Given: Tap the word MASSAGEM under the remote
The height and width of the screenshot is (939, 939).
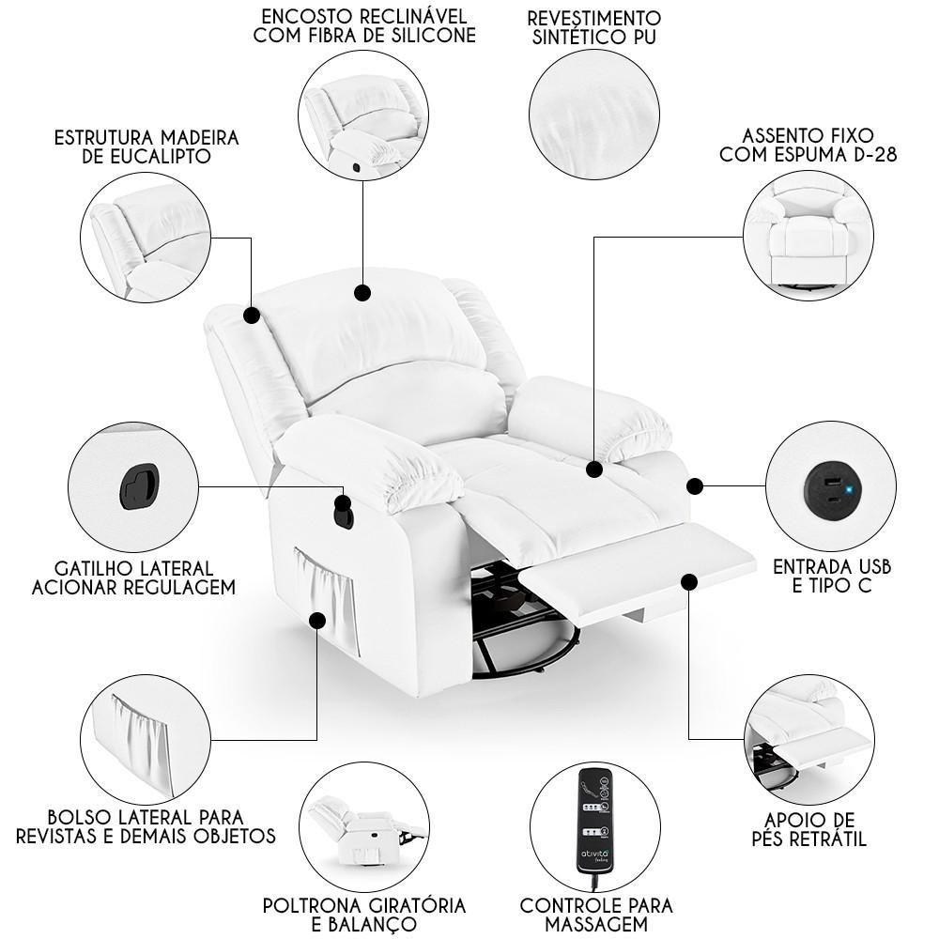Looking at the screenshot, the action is pos(596,924).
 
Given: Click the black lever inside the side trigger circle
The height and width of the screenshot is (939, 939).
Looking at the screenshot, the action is pos(139,486).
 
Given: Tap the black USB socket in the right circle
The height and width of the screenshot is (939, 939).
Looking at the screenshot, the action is pos(830,485).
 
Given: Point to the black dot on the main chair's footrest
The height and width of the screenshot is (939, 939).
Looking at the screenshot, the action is pos(689,582).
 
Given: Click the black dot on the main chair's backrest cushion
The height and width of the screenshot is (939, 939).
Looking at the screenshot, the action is pos(362,293).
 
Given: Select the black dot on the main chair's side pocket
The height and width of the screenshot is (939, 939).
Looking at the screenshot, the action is pos(317,621).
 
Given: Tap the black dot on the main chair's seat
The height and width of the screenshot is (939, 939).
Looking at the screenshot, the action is pos(594,469).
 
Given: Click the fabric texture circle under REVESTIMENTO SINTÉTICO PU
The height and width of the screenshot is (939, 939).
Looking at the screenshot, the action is pos(594,115).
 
